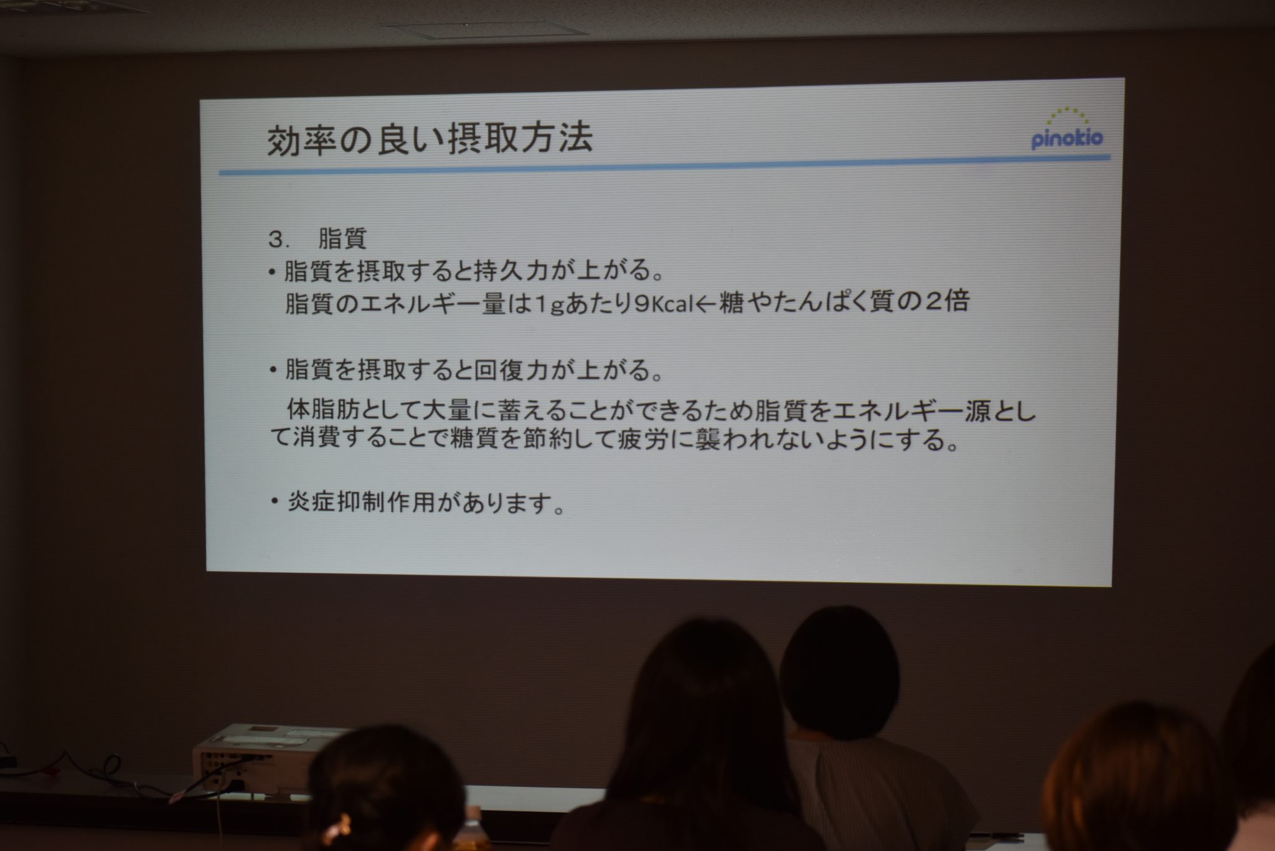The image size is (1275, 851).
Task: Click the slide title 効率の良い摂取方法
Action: coord(430,139)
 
